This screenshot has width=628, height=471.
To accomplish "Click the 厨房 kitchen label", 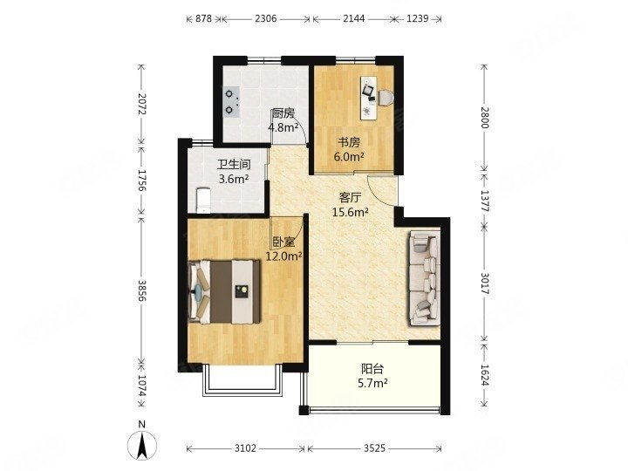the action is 283,113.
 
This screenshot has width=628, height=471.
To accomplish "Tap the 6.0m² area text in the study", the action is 349,157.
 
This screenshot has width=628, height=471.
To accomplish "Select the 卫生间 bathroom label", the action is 234,165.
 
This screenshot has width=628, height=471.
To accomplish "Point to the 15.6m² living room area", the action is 351,212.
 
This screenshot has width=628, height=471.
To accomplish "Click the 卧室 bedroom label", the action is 284,242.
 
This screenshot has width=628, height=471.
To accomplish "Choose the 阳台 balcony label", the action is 372,368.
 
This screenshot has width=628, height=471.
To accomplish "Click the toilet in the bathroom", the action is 203,200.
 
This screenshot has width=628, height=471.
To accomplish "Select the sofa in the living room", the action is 425,279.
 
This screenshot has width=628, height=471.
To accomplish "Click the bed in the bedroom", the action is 224,291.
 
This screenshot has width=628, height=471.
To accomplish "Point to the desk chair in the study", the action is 386,98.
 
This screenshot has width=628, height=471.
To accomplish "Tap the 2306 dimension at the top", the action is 266,18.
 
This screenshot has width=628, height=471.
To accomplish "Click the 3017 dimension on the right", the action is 485,283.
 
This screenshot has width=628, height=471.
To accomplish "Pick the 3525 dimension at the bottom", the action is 374,448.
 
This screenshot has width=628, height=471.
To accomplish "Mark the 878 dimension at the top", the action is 204,18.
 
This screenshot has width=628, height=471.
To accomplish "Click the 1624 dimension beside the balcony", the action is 485,375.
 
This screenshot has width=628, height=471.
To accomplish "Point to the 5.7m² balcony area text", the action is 372,383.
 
